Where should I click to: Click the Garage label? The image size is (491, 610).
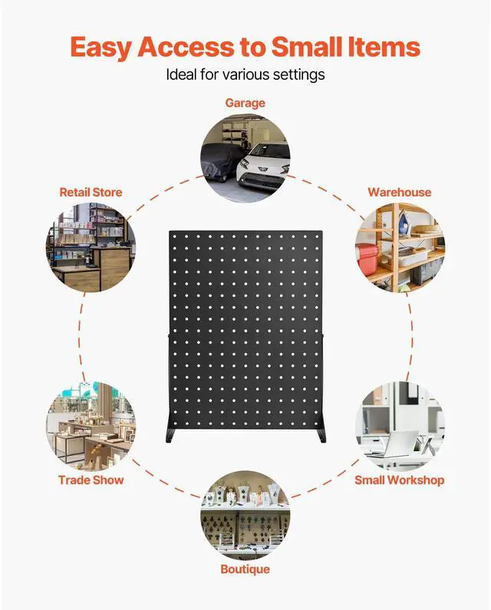coord(245,102)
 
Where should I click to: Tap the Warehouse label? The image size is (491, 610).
coord(399,192)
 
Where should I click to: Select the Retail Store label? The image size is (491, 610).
coord(91,192)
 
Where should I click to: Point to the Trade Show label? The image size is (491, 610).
coord(91,480)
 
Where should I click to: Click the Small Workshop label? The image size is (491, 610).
coord(399,480)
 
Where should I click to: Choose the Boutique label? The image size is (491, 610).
coord(245,569)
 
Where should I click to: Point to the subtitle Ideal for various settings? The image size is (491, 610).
coord(245,75)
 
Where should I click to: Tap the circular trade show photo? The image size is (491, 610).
coord(91,427)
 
